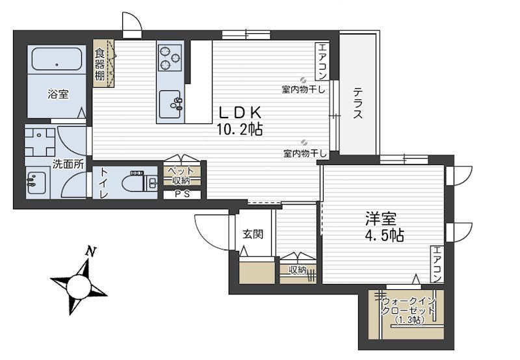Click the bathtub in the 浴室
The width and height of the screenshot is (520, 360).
tap(57, 59)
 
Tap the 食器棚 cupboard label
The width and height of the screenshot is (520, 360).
tap(99, 64)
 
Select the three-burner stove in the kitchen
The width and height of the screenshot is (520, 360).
tap(170, 58)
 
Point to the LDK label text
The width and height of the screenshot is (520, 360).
tap(240, 112)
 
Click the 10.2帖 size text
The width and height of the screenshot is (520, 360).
tap(239, 129)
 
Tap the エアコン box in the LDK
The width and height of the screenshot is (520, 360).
tap(321, 61)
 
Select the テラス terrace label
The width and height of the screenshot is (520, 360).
tap(357, 103)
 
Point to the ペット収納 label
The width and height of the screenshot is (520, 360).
tap(181, 176)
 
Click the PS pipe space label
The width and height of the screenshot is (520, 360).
tap(182, 194)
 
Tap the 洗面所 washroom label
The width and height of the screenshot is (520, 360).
tap(68, 164)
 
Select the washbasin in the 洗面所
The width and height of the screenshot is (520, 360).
tap(36, 183)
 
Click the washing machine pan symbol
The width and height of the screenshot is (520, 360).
tap(40, 142)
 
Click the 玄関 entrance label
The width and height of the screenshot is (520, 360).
tap(253, 235)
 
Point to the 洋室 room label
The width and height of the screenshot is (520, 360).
tap(381, 219)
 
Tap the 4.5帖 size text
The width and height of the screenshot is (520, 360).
tap(384, 235)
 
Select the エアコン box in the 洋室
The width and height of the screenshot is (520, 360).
tap(437, 264)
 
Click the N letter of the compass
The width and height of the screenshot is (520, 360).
tap(90, 251)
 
